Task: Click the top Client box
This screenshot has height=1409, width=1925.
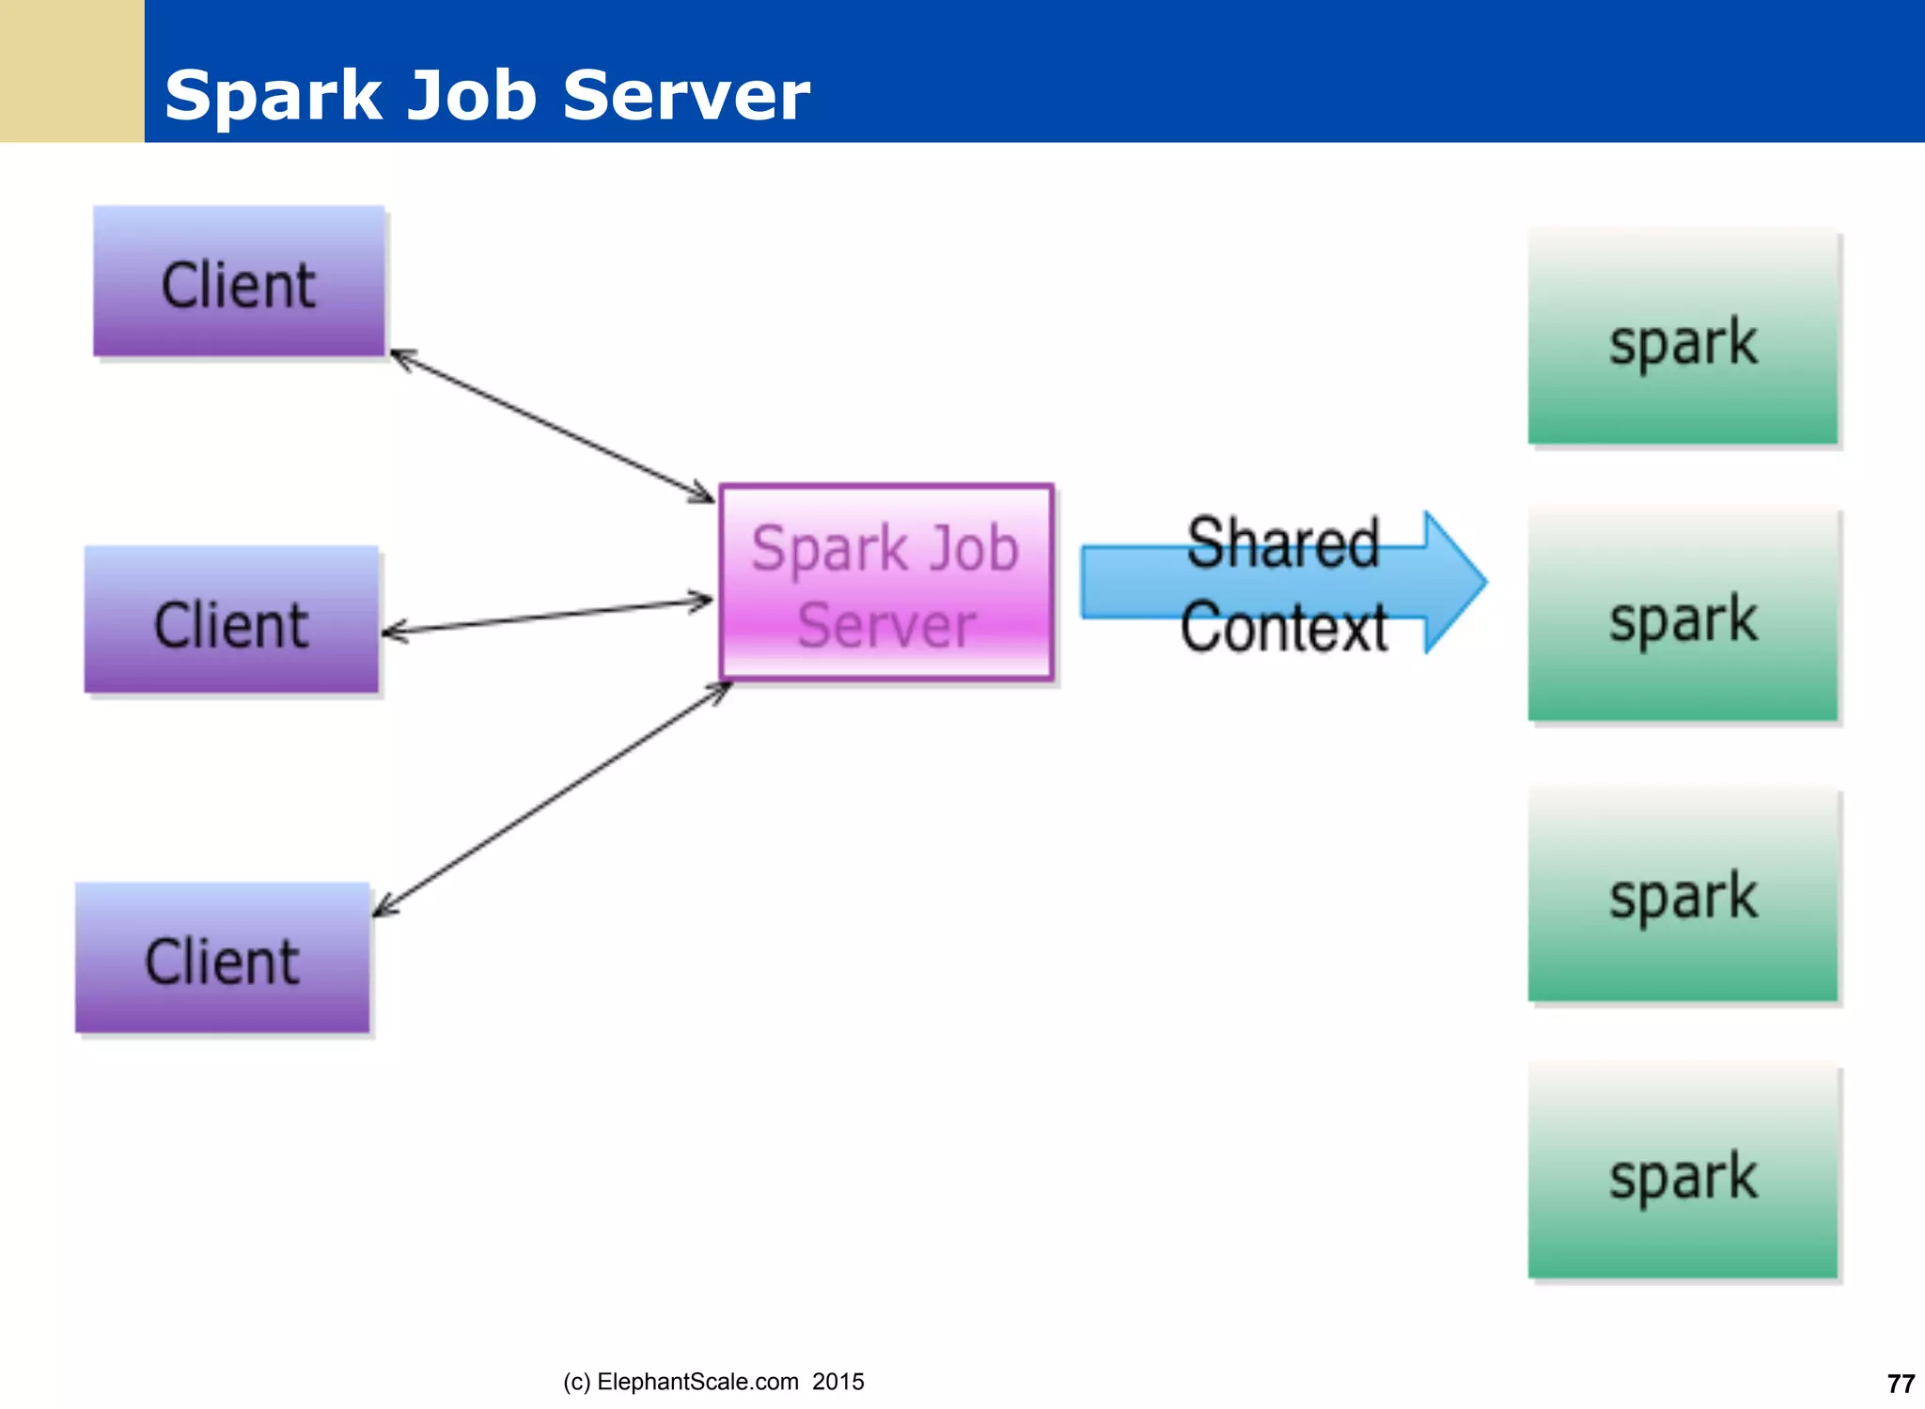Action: (x=239, y=281)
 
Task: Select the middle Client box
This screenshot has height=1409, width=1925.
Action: (x=231, y=620)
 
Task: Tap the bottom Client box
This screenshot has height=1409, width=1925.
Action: (x=223, y=958)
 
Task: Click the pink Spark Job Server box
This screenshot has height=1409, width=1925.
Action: (x=885, y=582)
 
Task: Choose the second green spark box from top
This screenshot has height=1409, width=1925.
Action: (x=1682, y=615)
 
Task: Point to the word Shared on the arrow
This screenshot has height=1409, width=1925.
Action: (x=1283, y=543)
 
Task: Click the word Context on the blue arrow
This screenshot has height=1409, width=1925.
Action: (x=1283, y=627)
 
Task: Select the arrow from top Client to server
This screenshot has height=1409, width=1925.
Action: (x=552, y=426)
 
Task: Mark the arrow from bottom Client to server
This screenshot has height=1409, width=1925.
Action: (x=552, y=799)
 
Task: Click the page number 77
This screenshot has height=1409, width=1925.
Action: (x=1901, y=1384)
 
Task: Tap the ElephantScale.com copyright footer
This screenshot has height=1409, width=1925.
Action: (x=713, y=1382)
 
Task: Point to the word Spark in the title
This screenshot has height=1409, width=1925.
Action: (x=273, y=96)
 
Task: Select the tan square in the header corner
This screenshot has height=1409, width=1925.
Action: (x=71, y=70)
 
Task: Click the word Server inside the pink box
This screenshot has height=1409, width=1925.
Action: (x=885, y=625)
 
